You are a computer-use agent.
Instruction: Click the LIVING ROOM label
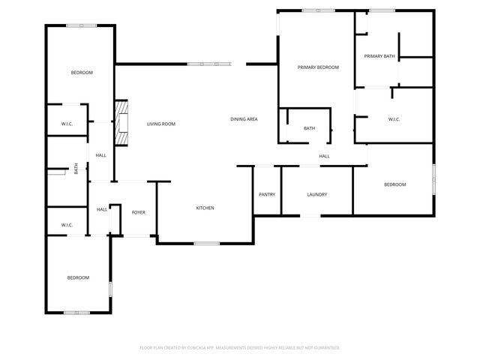(x=160, y=124)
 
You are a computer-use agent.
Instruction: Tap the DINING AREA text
(x=244, y=119)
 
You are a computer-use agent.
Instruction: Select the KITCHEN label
(x=205, y=208)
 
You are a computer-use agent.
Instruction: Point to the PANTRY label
(x=266, y=195)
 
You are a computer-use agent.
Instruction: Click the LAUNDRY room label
(x=316, y=195)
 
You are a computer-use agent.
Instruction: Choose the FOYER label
(x=139, y=212)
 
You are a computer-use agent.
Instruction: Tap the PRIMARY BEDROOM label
(x=318, y=67)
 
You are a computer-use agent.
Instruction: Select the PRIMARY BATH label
(x=379, y=56)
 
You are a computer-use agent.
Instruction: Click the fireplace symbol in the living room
(x=119, y=124)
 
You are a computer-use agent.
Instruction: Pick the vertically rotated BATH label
(x=76, y=169)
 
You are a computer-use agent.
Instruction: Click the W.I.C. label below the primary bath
(x=394, y=119)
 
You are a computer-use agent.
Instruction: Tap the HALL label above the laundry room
(x=324, y=156)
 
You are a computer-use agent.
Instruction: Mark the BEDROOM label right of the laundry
(x=394, y=184)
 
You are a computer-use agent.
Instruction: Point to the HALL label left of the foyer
(x=101, y=209)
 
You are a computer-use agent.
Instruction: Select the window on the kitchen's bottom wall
(x=206, y=243)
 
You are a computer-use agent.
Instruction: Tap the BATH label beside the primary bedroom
(x=309, y=128)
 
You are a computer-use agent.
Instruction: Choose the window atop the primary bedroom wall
(x=319, y=10)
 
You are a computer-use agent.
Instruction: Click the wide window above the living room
(x=209, y=64)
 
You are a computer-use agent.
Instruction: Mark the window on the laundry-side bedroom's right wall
(x=433, y=179)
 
